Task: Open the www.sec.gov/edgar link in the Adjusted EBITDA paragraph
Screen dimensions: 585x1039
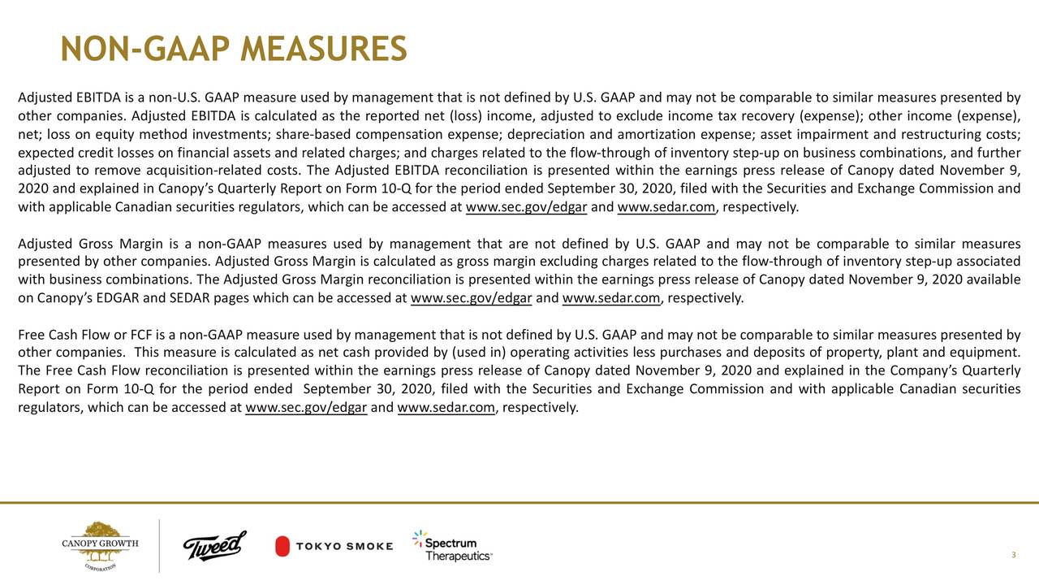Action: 527,206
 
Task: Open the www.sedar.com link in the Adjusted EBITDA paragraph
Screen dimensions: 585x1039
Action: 666,206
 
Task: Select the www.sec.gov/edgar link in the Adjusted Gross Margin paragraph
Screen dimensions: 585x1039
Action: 472,297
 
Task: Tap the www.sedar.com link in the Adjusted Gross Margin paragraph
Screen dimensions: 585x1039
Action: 611,297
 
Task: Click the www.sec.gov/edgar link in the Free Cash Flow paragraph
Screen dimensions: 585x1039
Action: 306,407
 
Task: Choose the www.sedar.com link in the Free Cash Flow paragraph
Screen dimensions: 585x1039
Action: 446,407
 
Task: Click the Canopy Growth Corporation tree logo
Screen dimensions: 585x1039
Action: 101,545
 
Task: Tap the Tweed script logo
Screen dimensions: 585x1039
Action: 214,546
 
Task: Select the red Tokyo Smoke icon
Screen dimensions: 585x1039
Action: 282,546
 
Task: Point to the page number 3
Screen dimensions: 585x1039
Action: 1014,555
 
